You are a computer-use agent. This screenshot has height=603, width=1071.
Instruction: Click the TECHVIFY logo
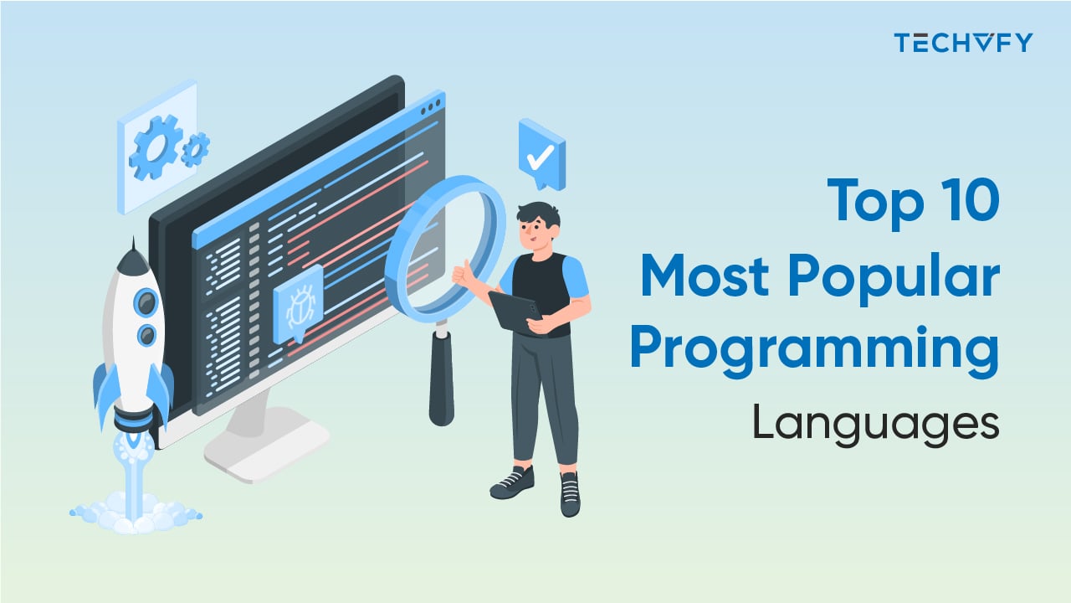962,42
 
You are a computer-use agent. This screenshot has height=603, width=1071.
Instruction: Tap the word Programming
814,352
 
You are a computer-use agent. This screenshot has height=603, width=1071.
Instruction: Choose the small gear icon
194,149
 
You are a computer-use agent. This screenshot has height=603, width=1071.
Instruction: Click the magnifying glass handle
441,377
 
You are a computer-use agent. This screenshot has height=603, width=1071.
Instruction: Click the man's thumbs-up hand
463,274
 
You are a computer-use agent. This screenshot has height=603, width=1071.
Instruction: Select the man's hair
536,216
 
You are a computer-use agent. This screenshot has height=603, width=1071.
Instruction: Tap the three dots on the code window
430,108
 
